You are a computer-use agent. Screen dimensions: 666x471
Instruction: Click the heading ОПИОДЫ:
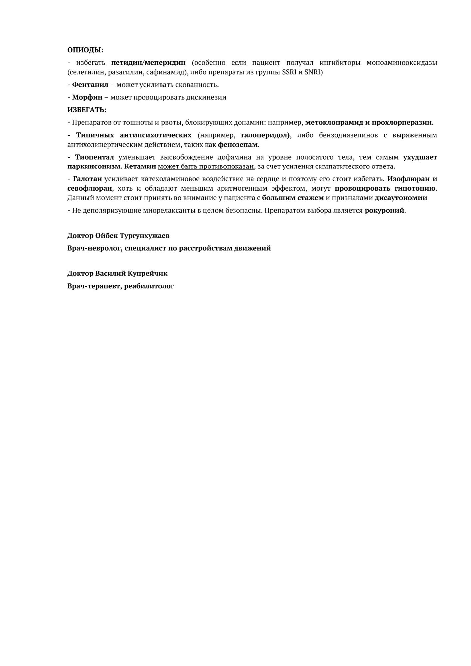[x=85, y=50]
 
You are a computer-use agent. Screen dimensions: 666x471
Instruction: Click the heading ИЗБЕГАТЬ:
[x=87, y=110]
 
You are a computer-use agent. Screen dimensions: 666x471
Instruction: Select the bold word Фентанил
[x=90, y=85]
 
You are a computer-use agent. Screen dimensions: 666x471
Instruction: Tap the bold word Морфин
[x=87, y=97]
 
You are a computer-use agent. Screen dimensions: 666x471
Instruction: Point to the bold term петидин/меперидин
[x=148, y=63]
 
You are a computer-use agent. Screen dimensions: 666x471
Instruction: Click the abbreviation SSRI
[x=289, y=72]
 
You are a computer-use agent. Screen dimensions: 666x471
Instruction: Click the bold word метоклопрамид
[x=334, y=122]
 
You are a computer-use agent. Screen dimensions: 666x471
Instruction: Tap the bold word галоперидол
[x=265, y=135]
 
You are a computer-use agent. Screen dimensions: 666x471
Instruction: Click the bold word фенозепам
[x=238, y=145]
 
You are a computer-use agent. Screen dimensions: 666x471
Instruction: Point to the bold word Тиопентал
[x=94, y=157]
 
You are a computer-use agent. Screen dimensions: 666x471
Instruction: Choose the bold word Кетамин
[x=140, y=166]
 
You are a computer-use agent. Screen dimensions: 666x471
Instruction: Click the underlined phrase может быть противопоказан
[x=206, y=166]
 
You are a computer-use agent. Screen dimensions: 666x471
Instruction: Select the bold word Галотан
[x=87, y=179]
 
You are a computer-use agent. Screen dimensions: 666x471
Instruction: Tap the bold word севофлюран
[x=90, y=188]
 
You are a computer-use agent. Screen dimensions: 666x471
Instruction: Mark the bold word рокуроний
[x=384, y=210]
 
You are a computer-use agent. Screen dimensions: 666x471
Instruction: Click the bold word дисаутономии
[x=401, y=198]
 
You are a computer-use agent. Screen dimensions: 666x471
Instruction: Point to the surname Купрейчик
[x=147, y=273]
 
